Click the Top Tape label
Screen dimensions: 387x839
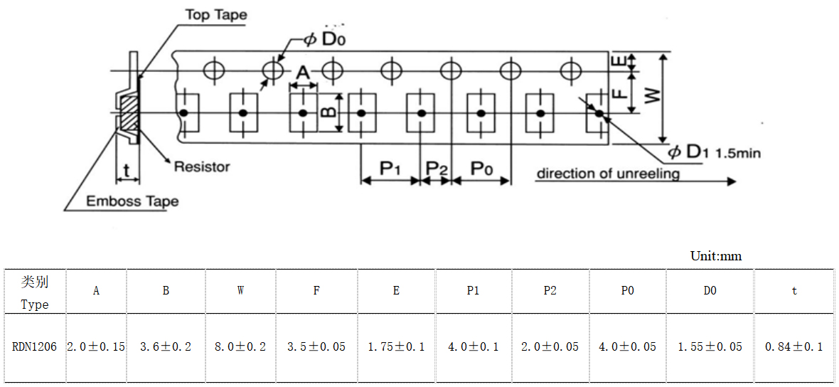(216, 15)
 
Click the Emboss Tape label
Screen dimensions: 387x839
(132, 201)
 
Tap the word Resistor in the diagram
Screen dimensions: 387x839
(202, 167)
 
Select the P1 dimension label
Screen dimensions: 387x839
(390, 169)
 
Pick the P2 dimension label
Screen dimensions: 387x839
(437, 169)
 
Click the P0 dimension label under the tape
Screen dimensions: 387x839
(482, 169)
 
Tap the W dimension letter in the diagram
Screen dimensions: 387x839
(651, 96)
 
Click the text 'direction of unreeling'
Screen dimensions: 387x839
(608, 174)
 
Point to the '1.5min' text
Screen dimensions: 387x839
(739, 153)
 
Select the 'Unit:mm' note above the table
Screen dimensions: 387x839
(716, 256)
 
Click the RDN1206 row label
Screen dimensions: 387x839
(34, 347)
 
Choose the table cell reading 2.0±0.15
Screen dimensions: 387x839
(96, 347)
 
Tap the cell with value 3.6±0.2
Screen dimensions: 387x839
(166, 347)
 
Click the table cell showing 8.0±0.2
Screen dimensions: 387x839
(240, 347)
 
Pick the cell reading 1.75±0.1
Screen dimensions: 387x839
(396, 347)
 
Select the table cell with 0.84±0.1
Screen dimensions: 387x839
(793, 347)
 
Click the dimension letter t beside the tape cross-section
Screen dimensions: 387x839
(127, 171)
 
